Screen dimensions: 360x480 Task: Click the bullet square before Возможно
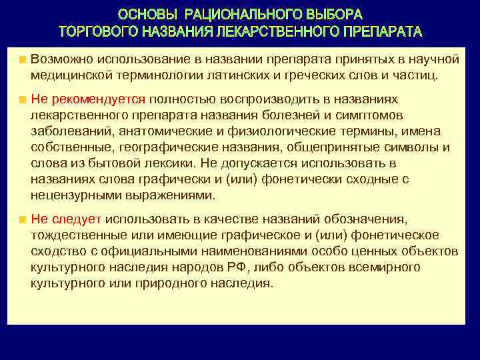click(23, 60)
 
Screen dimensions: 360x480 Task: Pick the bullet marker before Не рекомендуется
click(23, 100)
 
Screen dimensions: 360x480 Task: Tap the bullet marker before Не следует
click(23, 219)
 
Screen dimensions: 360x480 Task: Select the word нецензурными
click(73, 195)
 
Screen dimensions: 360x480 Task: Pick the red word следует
click(76, 219)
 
